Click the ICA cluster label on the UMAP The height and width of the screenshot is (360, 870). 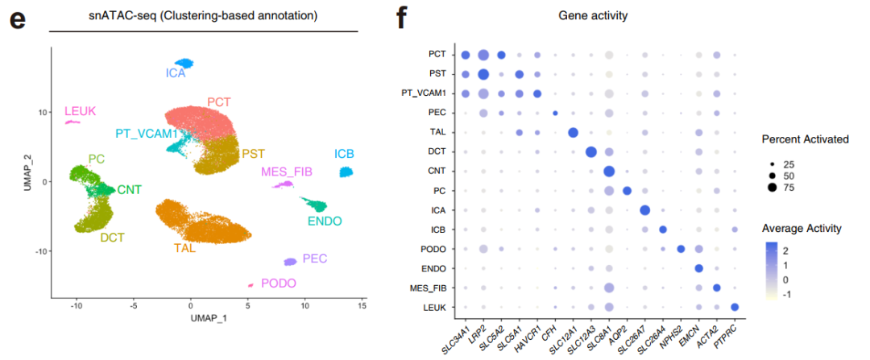point(176,73)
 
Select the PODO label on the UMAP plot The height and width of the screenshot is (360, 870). point(278,283)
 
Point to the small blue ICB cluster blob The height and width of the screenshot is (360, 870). point(346,172)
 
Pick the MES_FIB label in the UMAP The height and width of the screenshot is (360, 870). point(286,172)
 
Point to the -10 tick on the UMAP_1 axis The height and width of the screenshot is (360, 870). point(77,305)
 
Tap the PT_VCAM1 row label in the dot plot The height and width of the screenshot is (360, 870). point(425,93)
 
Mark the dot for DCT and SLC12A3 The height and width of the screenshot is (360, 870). point(590,152)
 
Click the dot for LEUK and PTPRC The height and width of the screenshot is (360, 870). point(735,307)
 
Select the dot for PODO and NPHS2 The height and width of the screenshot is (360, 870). point(681,249)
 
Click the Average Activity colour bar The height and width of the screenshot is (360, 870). point(772,270)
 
